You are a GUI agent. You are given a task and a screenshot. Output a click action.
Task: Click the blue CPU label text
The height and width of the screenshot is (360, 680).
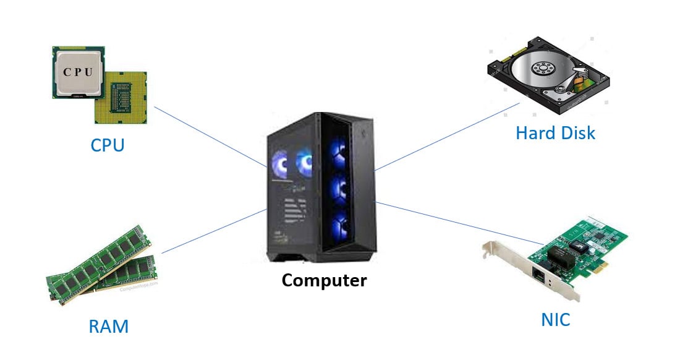pos(107,145)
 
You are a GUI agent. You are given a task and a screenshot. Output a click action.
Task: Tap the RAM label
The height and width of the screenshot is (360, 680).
pos(108,325)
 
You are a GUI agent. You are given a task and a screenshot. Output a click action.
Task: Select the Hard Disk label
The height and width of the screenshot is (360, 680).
pos(555,132)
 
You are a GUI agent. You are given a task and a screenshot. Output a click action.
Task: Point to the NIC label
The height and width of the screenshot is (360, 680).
pos(555,320)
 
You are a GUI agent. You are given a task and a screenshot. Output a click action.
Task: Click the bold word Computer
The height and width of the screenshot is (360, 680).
pos(324,280)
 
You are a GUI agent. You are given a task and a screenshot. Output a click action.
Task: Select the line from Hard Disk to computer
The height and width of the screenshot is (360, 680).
pos(445,137)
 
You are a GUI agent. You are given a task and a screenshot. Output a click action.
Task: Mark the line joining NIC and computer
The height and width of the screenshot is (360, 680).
pos(457,223)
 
